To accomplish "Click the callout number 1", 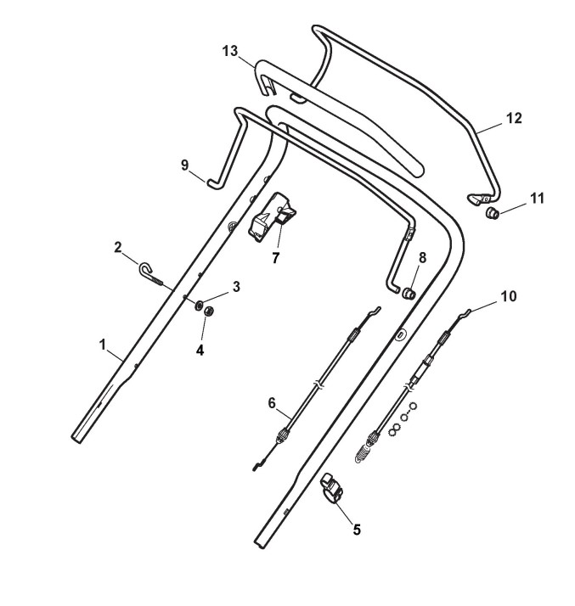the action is coord(102,345).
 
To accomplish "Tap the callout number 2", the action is coord(119,247).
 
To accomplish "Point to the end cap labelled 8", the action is coord(409,294).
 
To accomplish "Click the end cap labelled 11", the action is coord(492,212).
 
